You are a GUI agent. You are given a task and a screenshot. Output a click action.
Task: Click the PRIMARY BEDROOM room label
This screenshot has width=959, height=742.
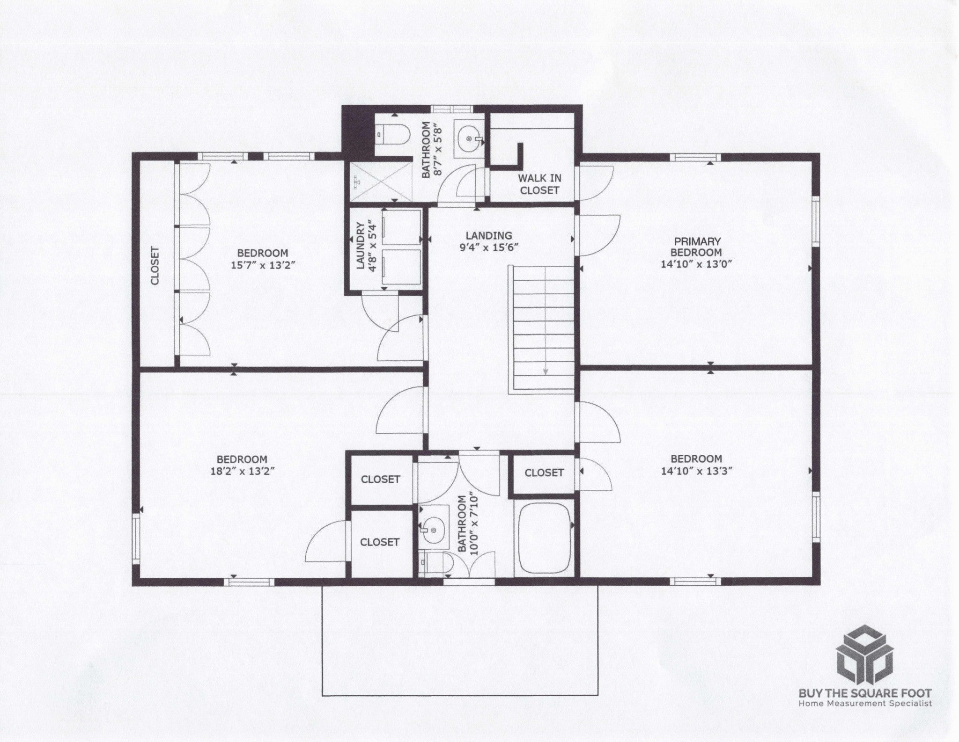coord(697,247)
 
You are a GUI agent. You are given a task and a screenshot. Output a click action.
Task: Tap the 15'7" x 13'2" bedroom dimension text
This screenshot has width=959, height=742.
coord(262,265)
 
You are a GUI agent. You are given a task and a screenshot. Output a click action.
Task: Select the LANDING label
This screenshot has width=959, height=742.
coord(488,235)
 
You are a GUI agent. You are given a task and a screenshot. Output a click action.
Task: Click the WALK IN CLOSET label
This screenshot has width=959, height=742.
coord(539,184)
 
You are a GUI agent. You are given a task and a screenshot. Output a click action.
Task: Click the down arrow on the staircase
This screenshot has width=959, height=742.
coord(546,371)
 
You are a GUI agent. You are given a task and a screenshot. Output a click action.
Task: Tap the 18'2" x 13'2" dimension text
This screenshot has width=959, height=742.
coord(242,471)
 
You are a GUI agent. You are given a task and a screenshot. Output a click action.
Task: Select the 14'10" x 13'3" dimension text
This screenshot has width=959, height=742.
coord(696,471)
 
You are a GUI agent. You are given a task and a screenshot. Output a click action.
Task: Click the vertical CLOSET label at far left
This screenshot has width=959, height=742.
coord(155,265)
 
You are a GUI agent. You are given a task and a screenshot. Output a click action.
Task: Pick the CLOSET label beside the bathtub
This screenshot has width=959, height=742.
coord(544,473)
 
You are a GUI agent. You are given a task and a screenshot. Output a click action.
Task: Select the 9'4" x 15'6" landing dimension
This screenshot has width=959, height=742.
coord(488,247)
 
